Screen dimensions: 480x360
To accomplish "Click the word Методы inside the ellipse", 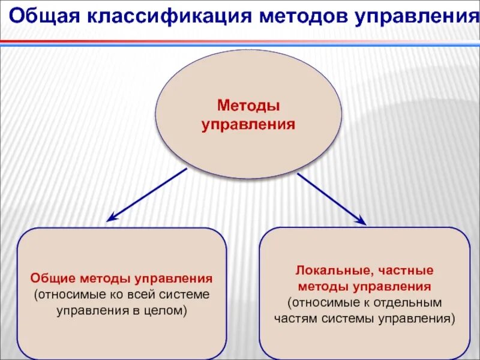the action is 248,107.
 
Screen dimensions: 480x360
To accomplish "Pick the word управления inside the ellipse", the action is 248,125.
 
